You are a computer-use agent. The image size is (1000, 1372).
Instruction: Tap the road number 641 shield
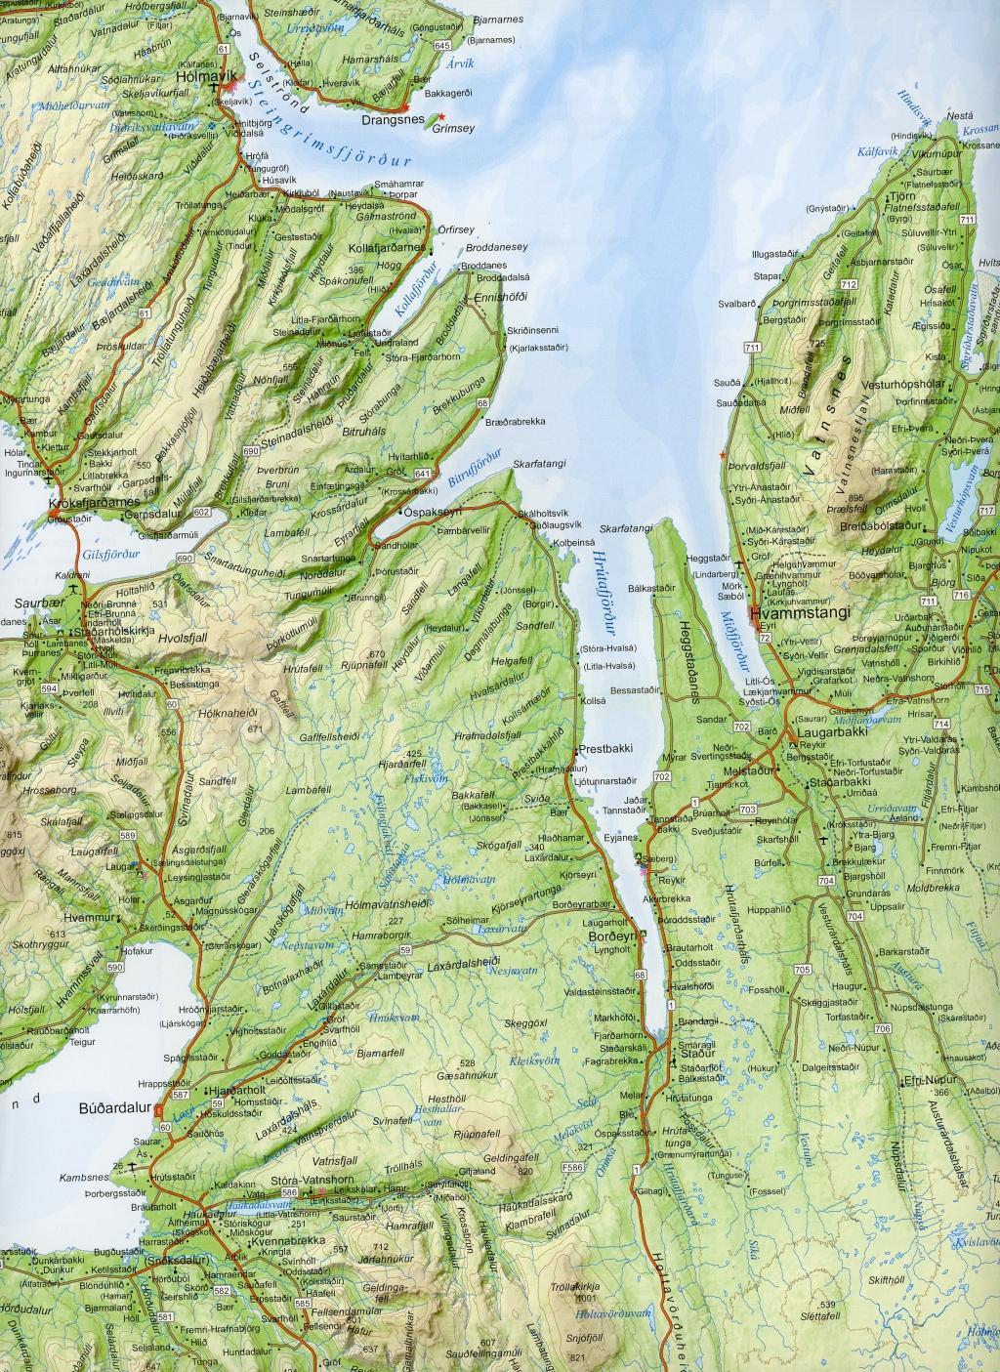tap(422, 473)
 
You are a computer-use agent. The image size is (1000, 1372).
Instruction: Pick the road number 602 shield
tap(202, 512)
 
